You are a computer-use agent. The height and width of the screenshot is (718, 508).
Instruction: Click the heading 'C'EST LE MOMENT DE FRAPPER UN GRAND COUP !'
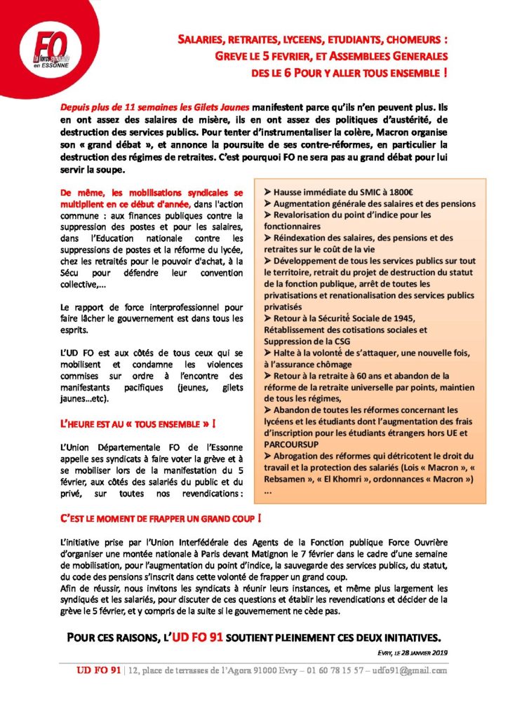tap(161, 520)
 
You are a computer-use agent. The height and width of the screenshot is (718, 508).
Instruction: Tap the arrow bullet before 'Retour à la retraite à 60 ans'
tap(268, 376)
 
